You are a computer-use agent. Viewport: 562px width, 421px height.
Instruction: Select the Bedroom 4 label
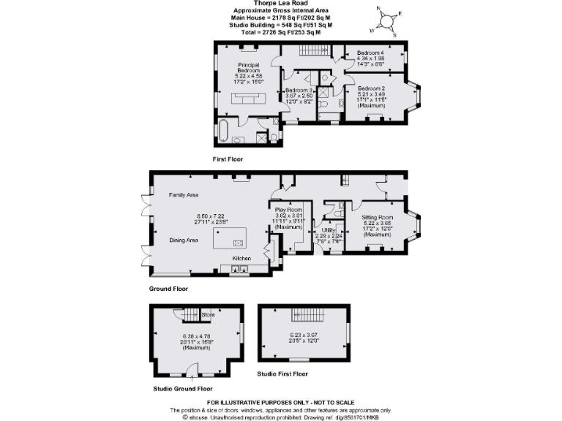click(370, 53)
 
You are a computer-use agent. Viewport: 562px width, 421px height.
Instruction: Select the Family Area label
click(184, 195)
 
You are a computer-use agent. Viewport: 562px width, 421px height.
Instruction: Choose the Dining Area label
click(184, 240)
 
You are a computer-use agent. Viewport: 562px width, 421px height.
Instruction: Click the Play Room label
click(288, 210)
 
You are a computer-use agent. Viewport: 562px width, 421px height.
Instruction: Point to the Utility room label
click(327, 230)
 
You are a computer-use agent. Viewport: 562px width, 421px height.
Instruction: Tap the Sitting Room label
click(378, 217)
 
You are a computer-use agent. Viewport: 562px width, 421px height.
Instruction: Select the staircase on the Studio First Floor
click(303, 314)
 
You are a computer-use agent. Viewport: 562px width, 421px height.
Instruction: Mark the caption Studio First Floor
click(283, 374)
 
